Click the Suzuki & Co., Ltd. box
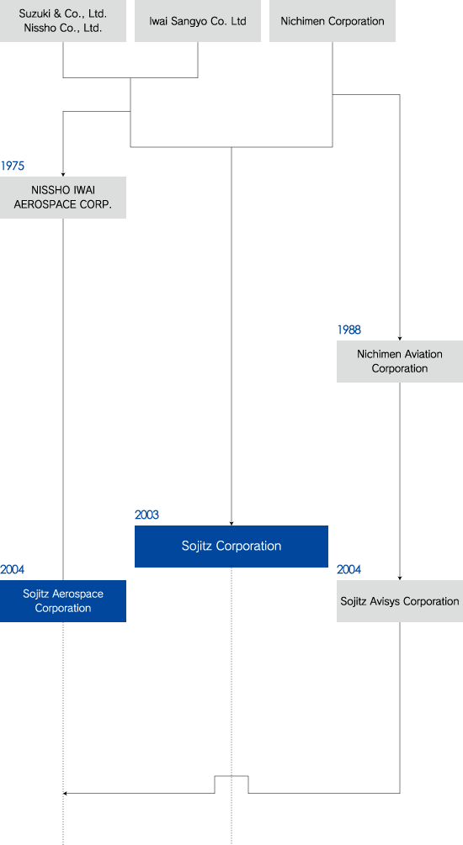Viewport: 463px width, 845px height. (x=63, y=21)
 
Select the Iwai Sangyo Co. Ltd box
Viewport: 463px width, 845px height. (x=198, y=21)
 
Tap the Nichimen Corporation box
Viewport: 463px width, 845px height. (x=333, y=21)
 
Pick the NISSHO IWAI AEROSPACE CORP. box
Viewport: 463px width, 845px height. (x=63, y=198)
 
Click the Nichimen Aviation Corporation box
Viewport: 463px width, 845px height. (x=400, y=361)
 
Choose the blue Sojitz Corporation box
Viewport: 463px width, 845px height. (x=231, y=547)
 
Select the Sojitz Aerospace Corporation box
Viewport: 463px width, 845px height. (x=63, y=601)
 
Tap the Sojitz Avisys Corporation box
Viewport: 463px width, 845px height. (x=400, y=601)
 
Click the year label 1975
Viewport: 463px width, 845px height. (x=13, y=166)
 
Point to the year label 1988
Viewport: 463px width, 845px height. (x=349, y=330)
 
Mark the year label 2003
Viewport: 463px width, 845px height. (x=146, y=515)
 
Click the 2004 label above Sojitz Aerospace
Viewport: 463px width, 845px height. (x=13, y=569)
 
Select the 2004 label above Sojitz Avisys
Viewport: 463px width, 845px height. (x=349, y=569)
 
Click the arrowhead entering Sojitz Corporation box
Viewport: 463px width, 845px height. (x=231, y=523)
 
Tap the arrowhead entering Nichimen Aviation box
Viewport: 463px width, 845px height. (x=400, y=339)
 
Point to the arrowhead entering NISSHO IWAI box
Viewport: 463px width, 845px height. (x=63, y=175)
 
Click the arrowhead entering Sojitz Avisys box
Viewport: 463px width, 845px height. (x=400, y=578)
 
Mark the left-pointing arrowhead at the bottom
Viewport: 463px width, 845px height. (x=66, y=793)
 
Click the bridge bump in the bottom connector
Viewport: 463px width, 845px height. (x=231, y=776)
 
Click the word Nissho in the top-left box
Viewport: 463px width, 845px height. (x=39, y=28)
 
